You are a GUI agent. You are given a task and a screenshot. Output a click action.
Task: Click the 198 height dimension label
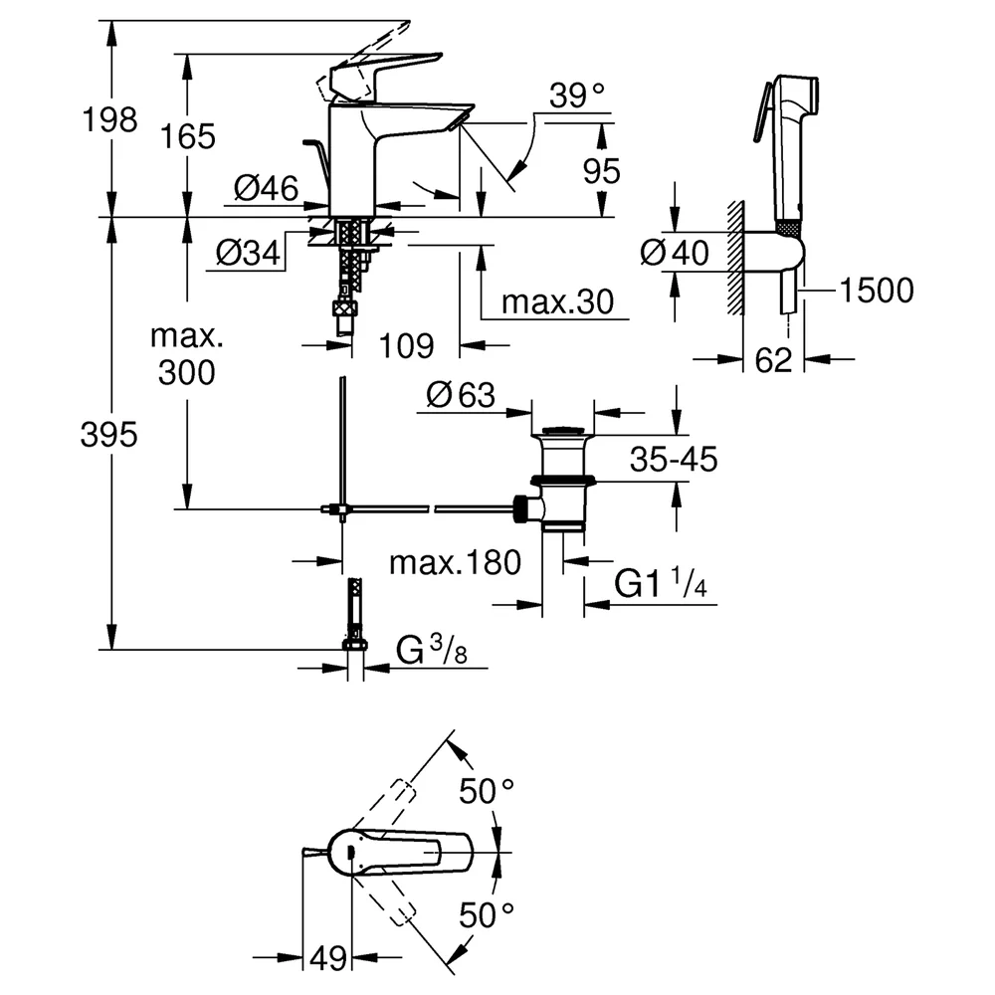click(x=109, y=119)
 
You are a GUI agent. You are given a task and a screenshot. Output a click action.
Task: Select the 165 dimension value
click(x=188, y=136)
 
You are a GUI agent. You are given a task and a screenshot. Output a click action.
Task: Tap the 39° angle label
click(x=577, y=96)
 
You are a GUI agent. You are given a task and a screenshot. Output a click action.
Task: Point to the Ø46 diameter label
click(x=266, y=188)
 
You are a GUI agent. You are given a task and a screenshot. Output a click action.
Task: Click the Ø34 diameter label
click(x=248, y=253)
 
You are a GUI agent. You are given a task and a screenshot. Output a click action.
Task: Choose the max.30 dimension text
click(x=558, y=302)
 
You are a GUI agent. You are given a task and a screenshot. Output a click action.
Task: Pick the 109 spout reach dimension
click(x=406, y=346)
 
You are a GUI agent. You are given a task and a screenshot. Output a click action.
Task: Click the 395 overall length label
click(x=109, y=436)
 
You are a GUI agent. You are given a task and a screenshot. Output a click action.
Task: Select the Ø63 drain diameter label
click(x=461, y=395)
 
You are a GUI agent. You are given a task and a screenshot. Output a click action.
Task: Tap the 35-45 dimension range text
click(x=674, y=459)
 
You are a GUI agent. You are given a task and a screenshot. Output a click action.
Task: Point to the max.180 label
click(x=455, y=562)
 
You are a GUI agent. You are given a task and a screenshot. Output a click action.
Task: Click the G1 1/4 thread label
click(x=661, y=583)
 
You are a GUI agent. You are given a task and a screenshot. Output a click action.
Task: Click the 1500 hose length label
click(x=877, y=291)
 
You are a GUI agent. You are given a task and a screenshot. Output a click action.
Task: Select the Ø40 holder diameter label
click(x=674, y=253)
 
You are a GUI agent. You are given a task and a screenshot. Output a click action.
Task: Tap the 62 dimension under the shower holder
click(x=773, y=360)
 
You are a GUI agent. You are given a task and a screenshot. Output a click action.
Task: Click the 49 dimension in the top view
click(x=328, y=957)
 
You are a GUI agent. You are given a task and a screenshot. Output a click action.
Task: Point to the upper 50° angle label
click(x=487, y=791)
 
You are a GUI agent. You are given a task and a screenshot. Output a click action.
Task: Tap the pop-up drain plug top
click(x=562, y=432)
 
